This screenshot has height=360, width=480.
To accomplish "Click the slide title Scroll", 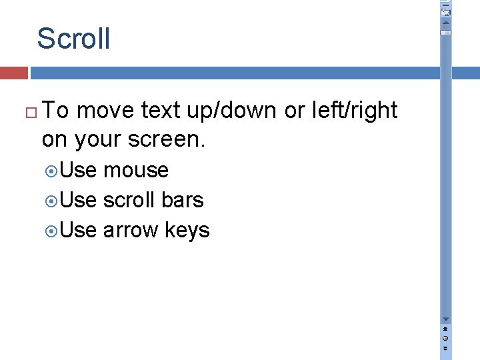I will point(73,39).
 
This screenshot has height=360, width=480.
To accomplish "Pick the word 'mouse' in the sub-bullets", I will point(136,171).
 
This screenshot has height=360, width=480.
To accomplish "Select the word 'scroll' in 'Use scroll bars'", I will point(129,200).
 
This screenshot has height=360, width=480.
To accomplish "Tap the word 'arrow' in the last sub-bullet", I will point(131,231).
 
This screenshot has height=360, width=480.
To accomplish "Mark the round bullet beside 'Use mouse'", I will point(53,171).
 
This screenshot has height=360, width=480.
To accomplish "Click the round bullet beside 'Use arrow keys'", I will point(53,231).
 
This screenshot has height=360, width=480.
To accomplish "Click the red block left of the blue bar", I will point(13,73).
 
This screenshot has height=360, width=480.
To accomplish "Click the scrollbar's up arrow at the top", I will point(446,23).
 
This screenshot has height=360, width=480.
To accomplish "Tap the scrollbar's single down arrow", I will point(446,319).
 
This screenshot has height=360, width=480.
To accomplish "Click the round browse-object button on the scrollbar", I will point(446,338).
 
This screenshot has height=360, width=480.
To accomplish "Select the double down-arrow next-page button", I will point(446,347).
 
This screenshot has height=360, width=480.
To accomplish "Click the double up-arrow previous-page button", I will point(446,329).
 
